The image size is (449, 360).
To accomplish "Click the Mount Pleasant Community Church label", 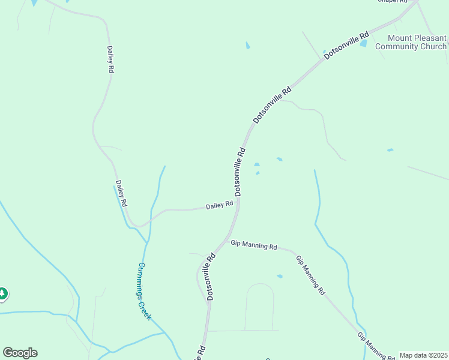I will (x=411, y=42).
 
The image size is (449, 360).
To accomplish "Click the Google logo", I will (x=20, y=353).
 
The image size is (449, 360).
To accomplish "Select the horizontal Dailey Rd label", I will (x=219, y=205).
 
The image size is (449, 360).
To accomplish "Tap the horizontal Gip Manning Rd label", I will (x=254, y=245).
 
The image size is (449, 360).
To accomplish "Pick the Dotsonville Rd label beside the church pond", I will (x=346, y=45).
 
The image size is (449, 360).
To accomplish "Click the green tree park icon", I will (x=2, y=293).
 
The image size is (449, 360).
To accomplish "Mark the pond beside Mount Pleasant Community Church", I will (x=363, y=44).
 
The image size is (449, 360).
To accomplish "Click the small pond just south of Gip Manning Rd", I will (x=279, y=276).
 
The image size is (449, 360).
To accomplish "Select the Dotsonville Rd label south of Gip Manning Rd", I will (x=211, y=277).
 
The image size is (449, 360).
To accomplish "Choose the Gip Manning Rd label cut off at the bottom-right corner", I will (x=373, y=346).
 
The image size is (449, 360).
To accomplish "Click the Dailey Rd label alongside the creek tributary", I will (x=121, y=193).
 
